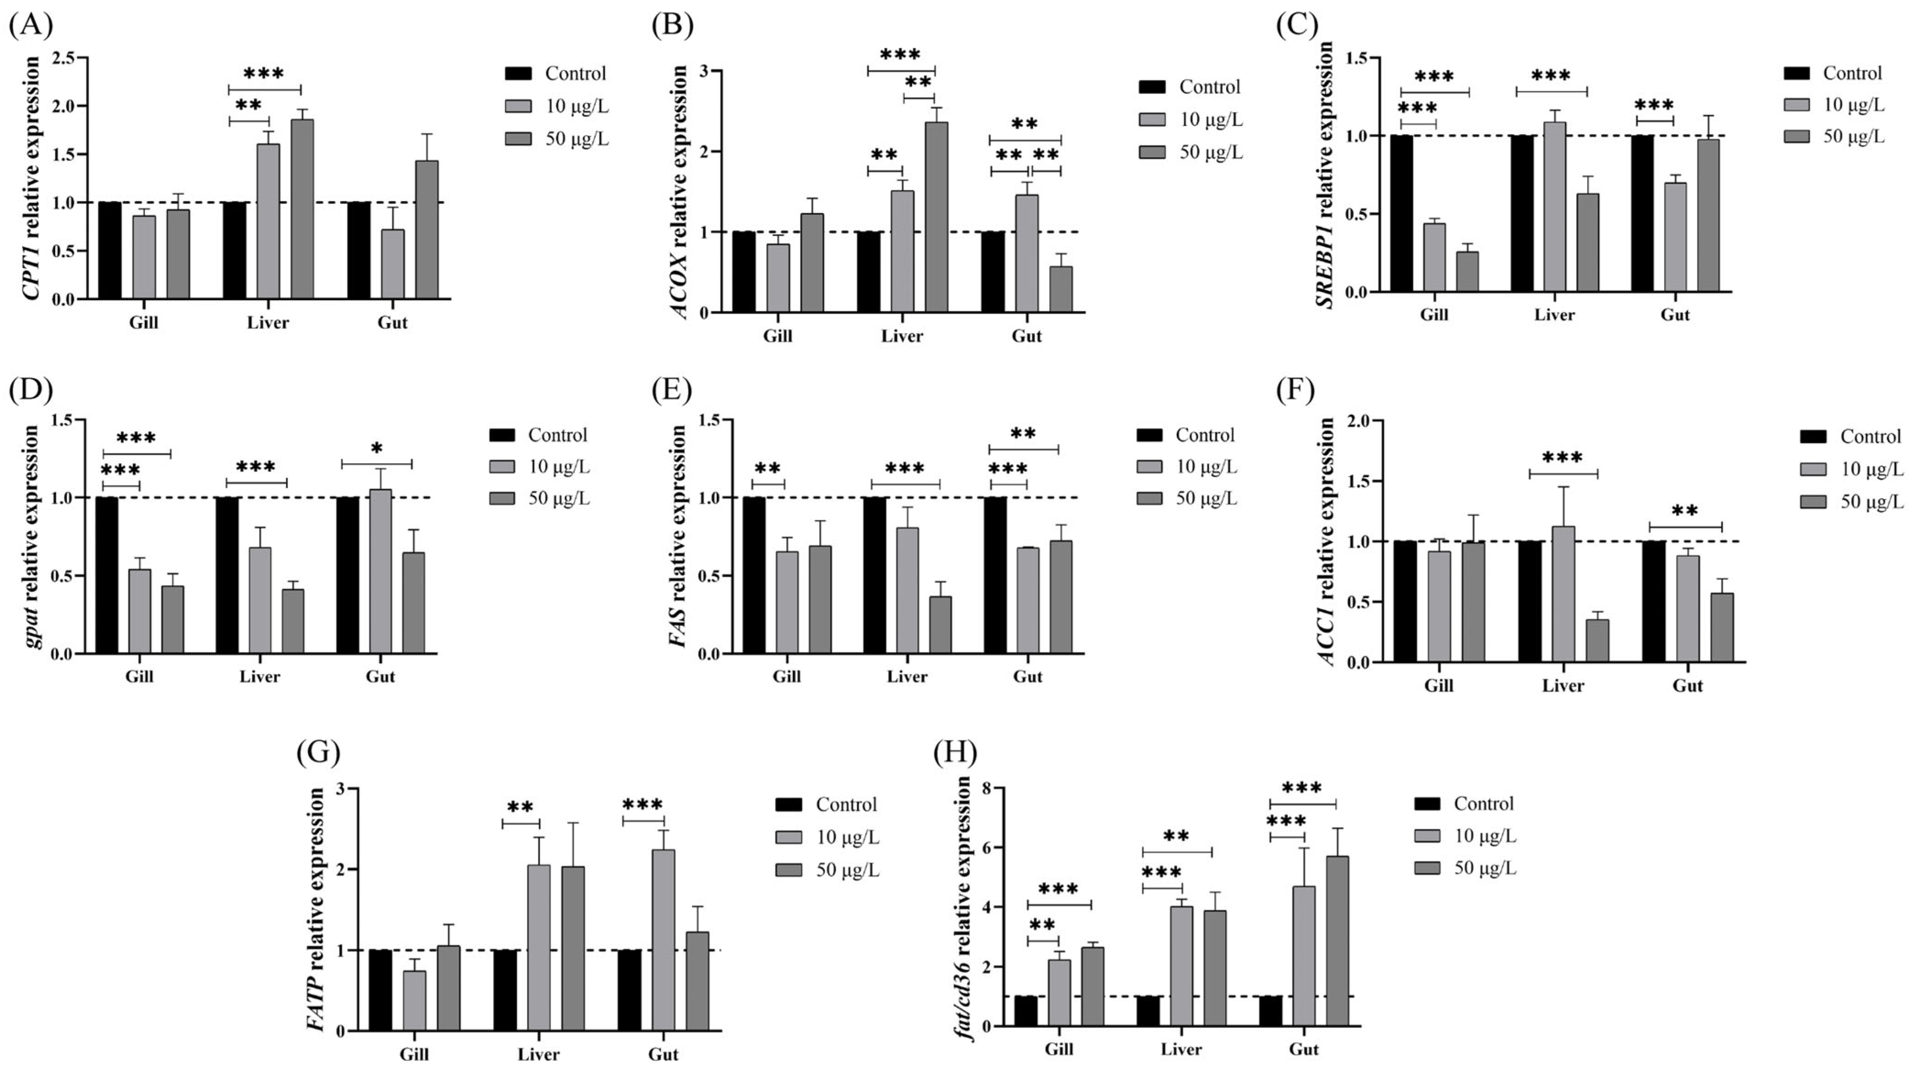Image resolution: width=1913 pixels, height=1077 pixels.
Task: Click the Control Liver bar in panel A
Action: [x=235, y=250]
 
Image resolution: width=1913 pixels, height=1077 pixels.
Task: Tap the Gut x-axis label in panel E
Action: [x=1028, y=676]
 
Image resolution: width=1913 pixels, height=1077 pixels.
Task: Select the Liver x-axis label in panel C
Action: [x=1554, y=315]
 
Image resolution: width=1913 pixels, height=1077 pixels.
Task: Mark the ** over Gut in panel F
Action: [x=1685, y=512]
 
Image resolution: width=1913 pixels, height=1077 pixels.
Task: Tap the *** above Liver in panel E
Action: [x=904, y=469]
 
